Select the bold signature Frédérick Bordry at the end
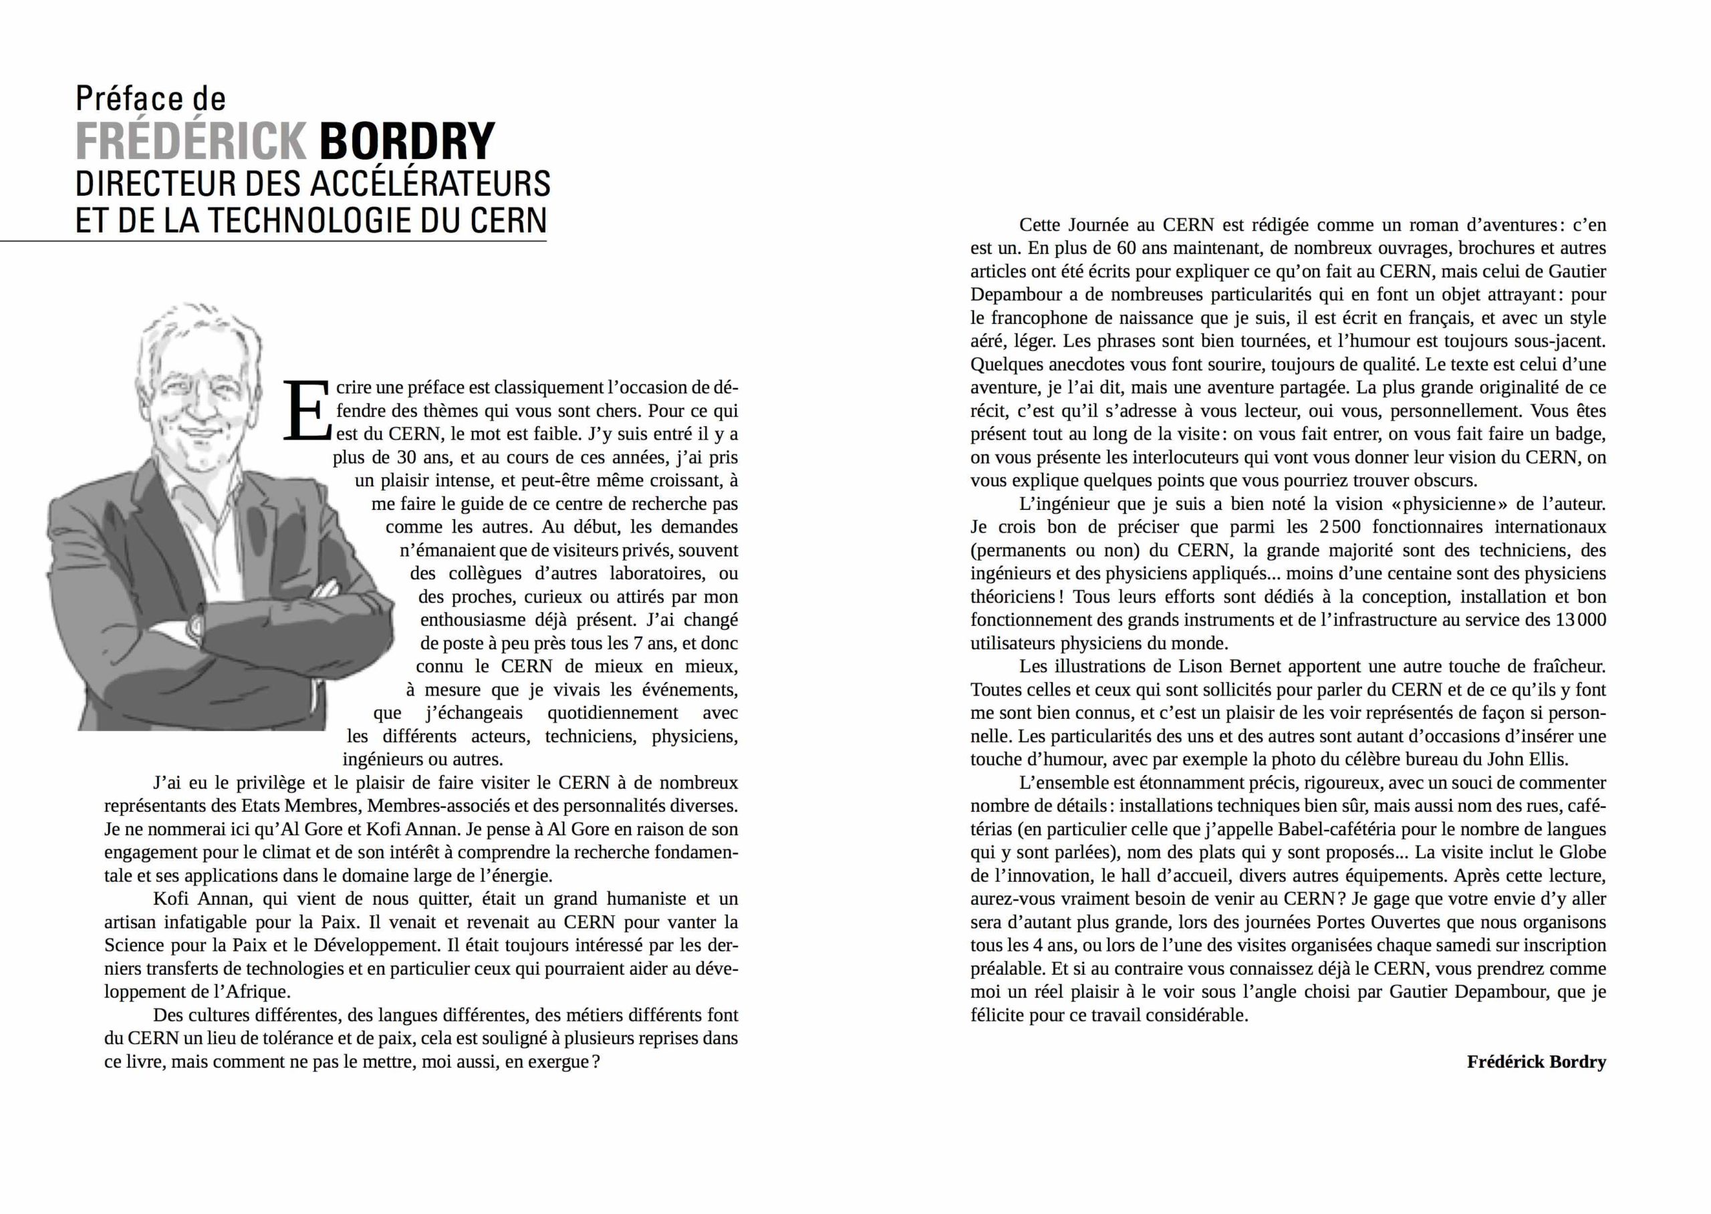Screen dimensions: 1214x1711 pos(1536,1062)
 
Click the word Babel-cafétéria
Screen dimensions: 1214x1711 pos(1367,829)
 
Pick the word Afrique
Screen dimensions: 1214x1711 pos(257,992)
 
